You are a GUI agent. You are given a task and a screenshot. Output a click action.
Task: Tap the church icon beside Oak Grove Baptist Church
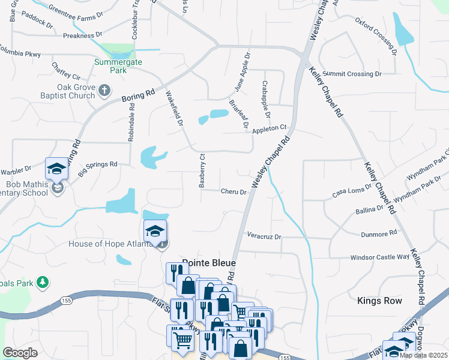[104, 91]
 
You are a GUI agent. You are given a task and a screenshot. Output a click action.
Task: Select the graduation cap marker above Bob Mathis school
[57, 169]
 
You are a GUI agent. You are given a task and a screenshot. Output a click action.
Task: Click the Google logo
[20, 353]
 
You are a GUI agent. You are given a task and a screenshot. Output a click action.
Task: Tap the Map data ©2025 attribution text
[423, 355]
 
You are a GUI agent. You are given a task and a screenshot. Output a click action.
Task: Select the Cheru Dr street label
[234, 192]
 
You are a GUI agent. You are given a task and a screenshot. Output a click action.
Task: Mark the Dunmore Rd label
[379, 233]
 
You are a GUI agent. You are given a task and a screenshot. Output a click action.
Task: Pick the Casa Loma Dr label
[349, 192]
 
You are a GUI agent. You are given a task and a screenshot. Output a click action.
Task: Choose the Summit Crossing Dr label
[351, 74]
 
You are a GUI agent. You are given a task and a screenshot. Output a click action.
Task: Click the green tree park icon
[42, 281]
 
